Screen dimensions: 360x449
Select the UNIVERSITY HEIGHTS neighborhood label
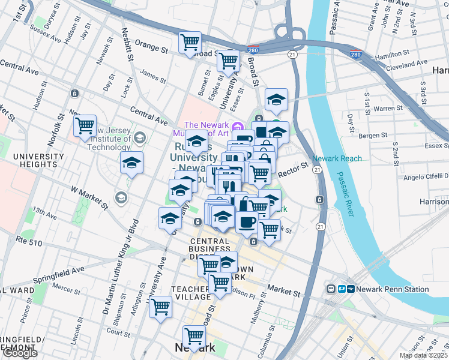point(38,161)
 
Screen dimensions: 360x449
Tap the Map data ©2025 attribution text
point(423,355)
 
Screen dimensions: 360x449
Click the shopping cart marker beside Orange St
point(190,42)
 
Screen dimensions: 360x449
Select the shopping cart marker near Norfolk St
point(85,125)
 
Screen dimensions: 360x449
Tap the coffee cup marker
point(246,222)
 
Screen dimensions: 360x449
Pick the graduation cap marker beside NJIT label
point(131,163)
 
